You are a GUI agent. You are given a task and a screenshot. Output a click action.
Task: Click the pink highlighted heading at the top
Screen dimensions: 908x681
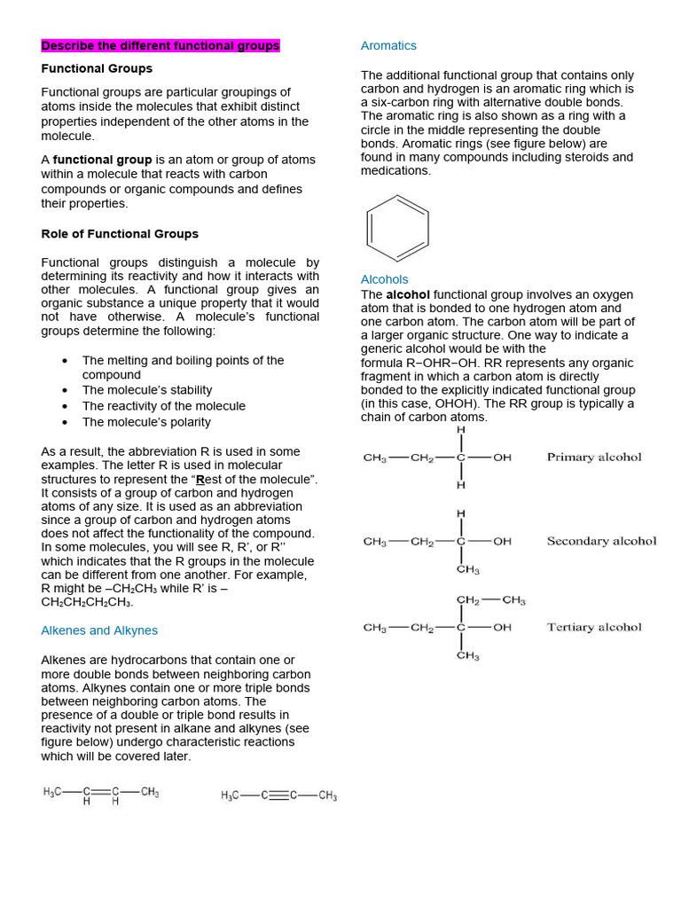[x=160, y=45]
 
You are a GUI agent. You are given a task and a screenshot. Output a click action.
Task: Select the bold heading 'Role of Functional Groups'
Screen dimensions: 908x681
[x=120, y=234]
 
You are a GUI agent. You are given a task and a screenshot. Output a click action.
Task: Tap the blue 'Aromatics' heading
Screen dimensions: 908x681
[x=388, y=45]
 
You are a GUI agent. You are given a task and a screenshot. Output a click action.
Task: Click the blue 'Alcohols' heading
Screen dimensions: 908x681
[x=385, y=279]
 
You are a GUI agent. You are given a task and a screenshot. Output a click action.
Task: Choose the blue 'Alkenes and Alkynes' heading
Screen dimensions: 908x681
[x=99, y=630]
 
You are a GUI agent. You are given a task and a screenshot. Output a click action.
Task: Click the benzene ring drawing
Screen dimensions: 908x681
[x=397, y=228]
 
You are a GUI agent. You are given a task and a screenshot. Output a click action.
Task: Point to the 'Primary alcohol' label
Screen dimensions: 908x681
[x=594, y=458]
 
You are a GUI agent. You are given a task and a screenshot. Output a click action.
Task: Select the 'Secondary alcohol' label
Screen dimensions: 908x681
[x=601, y=541]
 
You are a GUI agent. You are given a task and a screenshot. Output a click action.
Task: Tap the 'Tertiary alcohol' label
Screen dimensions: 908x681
[x=594, y=627]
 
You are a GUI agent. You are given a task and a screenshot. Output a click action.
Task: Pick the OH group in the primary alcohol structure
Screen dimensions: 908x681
[x=503, y=458]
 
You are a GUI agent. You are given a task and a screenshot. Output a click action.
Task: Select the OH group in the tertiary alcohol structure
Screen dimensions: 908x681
[x=503, y=627]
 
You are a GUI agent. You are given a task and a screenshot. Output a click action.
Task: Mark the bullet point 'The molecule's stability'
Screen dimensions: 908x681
[x=147, y=390]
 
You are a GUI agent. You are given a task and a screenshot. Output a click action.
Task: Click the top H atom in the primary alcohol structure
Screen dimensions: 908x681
[x=460, y=430]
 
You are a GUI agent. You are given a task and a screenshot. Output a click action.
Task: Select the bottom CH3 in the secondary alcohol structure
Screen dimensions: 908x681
[x=467, y=569]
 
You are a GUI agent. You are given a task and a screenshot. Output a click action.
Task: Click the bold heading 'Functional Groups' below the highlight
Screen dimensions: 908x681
[x=97, y=68]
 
